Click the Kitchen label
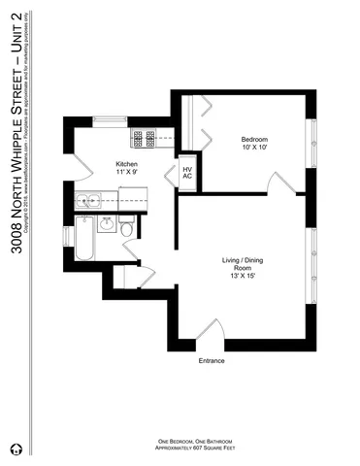(x=127, y=164)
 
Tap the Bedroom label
(x=254, y=140)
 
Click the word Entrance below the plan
(x=212, y=360)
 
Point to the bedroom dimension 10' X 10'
(x=254, y=150)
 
